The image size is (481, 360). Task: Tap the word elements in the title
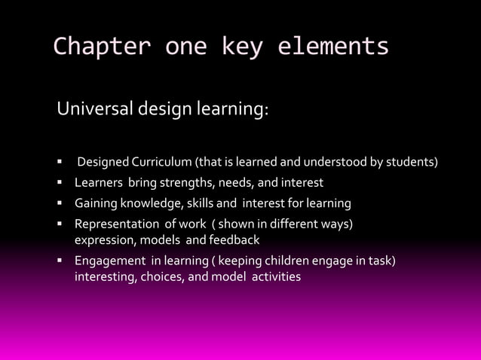click(333, 47)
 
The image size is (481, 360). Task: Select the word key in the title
click(241, 47)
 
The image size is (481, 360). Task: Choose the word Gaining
click(95, 203)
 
